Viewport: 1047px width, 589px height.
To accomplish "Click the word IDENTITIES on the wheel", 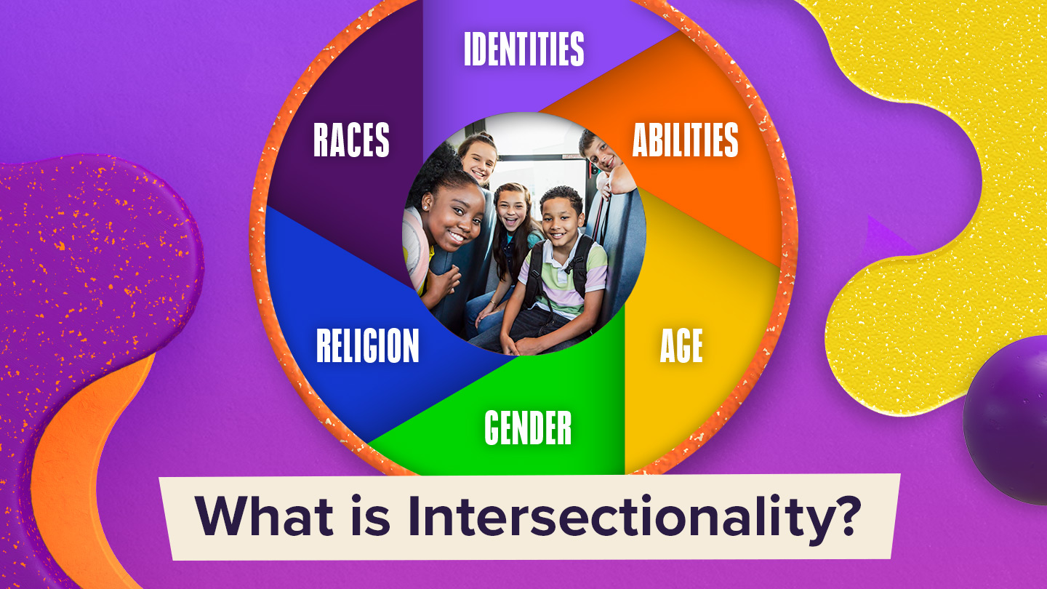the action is point(524,49).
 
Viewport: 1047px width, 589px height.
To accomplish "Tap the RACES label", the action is point(351,140).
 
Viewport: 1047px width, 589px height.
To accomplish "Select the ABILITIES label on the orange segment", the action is point(685,140).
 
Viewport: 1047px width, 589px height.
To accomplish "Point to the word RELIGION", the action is point(368,345).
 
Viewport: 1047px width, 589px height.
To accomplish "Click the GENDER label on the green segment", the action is point(528,428).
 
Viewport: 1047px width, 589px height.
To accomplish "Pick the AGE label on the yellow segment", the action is point(681,345).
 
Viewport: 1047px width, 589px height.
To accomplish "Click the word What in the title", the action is point(264,516).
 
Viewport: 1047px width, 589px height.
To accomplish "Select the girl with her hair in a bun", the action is point(478,159).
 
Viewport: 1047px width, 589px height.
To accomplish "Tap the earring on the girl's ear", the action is point(426,207).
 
